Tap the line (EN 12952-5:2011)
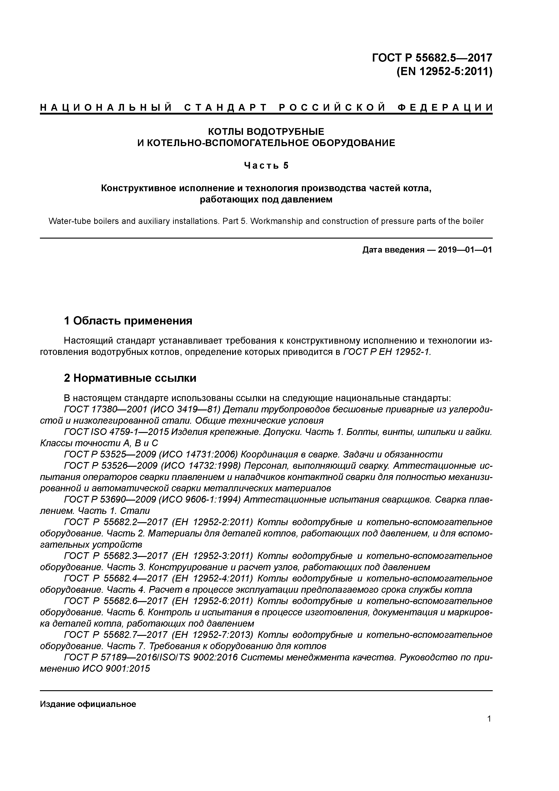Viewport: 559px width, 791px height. coord(444,72)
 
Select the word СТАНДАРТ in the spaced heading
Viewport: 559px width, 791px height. coord(226,108)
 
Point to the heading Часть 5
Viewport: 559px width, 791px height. coord(266,166)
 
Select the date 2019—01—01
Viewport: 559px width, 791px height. coord(465,250)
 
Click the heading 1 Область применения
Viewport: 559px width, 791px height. coord(128,321)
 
